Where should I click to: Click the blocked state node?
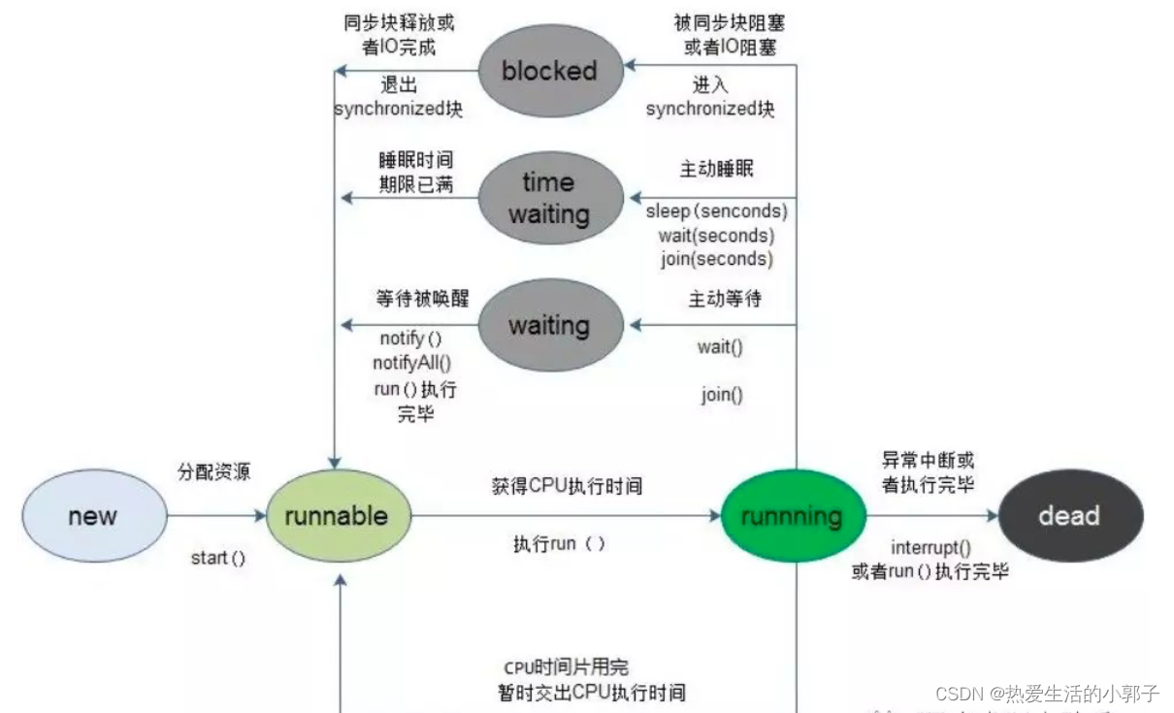click(x=549, y=71)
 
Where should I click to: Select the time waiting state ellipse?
click(x=549, y=198)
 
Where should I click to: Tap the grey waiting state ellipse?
click(x=549, y=325)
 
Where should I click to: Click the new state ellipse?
click(x=93, y=516)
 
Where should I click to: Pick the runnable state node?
click(x=337, y=516)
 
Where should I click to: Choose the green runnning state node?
click(x=792, y=516)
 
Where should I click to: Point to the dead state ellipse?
click(x=1069, y=516)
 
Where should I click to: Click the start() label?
click(x=218, y=558)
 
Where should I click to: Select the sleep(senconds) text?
click(x=717, y=211)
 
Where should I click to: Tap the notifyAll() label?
click(x=412, y=363)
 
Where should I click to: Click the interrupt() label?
click(x=930, y=547)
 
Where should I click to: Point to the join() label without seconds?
click(x=722, y=395)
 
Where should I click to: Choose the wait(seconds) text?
click(x=717, y=235)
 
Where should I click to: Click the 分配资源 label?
click(x=213, y=472)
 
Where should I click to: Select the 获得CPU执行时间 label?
click(x=568, y=486)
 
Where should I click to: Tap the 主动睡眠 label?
click(x=717, y=169)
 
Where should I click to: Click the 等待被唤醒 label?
click(x=422, y=299)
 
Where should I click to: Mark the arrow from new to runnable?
click(x=215, y=516)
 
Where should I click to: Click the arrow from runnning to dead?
click(x=931, y=516)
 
